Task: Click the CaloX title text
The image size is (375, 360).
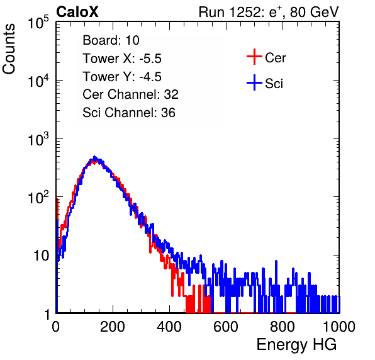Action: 77,12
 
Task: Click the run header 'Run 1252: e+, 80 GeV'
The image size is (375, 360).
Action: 269,12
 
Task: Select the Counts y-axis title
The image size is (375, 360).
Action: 9,49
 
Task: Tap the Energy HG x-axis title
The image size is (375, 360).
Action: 297,345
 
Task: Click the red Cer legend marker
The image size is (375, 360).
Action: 254,57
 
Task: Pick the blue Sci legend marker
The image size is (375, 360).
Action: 254,82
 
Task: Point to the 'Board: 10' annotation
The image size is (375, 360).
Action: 111,40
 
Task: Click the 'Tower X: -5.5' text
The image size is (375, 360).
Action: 122,59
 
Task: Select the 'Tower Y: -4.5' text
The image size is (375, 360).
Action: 122,77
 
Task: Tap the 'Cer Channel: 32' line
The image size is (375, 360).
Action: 131,94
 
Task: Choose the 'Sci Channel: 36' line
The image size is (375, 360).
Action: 129,113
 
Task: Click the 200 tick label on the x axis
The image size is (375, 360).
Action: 113,327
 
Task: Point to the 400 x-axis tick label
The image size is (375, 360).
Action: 169,327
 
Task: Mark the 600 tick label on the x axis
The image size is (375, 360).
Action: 226,327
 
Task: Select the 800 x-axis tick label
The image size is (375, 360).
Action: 283,327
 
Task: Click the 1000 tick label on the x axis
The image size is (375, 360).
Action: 339,327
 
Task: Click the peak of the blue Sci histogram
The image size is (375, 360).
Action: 94,157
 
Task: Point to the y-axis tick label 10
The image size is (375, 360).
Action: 41,256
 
